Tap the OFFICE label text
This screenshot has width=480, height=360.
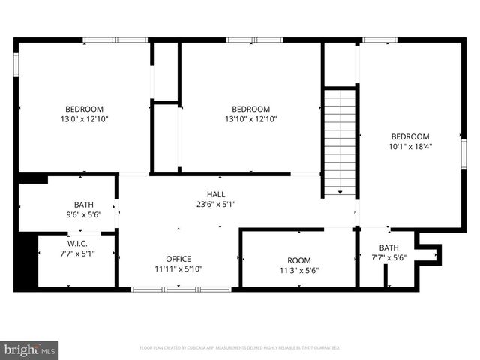[178, 259]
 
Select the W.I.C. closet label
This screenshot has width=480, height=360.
[77, 243]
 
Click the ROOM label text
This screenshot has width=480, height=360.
[298, 259]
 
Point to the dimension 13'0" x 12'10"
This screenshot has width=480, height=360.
[84, 118]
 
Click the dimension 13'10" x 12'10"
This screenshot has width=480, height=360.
[250, 118]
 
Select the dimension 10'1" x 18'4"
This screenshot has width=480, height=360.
[410, 146]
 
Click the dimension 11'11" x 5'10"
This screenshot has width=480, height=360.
[178, 268]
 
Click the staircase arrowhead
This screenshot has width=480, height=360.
[340, 193]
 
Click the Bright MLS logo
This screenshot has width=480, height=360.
[29, 349]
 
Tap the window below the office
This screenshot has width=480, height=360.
[181, 288]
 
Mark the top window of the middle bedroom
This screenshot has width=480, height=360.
[254, 40]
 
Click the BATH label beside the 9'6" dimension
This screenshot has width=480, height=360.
[84, 205]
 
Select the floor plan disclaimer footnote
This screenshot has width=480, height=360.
[240, 348]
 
